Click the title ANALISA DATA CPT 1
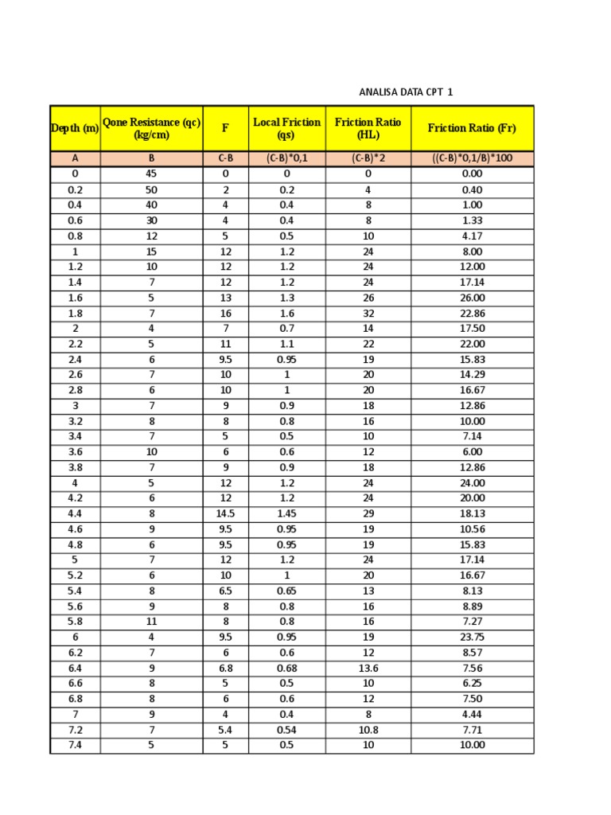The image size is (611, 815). point(406,92)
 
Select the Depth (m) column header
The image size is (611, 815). point(75,128)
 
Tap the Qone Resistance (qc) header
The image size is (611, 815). point(151,128)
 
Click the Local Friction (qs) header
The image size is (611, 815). point(286,128)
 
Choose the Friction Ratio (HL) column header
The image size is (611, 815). point(368,128)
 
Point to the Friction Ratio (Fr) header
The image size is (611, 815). point(472,128)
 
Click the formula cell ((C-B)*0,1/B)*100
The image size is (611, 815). point(472,158)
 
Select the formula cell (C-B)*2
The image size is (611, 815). point(368,158)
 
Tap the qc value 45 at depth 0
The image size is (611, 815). point(151,174)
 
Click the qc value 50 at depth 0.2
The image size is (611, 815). point(151,189)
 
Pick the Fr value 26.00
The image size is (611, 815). point(472,298)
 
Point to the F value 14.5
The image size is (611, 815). point(225,514)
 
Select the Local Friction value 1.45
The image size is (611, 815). point(286,514)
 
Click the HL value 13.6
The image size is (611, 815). point(368,669)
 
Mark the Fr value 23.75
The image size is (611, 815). point(472,638)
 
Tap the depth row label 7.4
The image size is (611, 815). point(75,746)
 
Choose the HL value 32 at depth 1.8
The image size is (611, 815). point(368,314)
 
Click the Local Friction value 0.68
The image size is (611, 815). point(286,669)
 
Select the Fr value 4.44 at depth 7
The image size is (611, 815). point(472,715)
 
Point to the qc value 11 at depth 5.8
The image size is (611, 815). point(151,622)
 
